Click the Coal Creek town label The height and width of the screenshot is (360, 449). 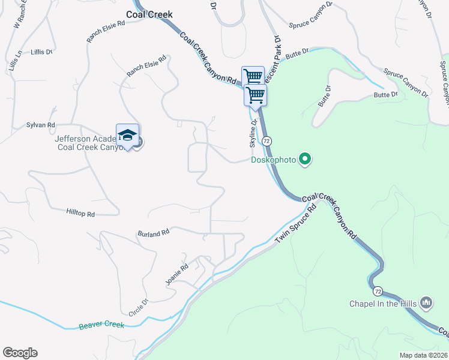149,14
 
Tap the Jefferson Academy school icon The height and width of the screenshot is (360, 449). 127,135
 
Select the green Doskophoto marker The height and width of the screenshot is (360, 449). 306,159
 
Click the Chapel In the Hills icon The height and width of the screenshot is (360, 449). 427,302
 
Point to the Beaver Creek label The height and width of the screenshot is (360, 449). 101,325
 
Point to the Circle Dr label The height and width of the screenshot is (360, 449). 137,307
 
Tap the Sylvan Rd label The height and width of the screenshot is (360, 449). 41,125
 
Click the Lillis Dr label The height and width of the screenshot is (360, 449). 42,52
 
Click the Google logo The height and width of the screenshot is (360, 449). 20,353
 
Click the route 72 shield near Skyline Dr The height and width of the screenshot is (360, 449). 267,140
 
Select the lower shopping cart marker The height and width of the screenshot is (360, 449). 256,95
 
